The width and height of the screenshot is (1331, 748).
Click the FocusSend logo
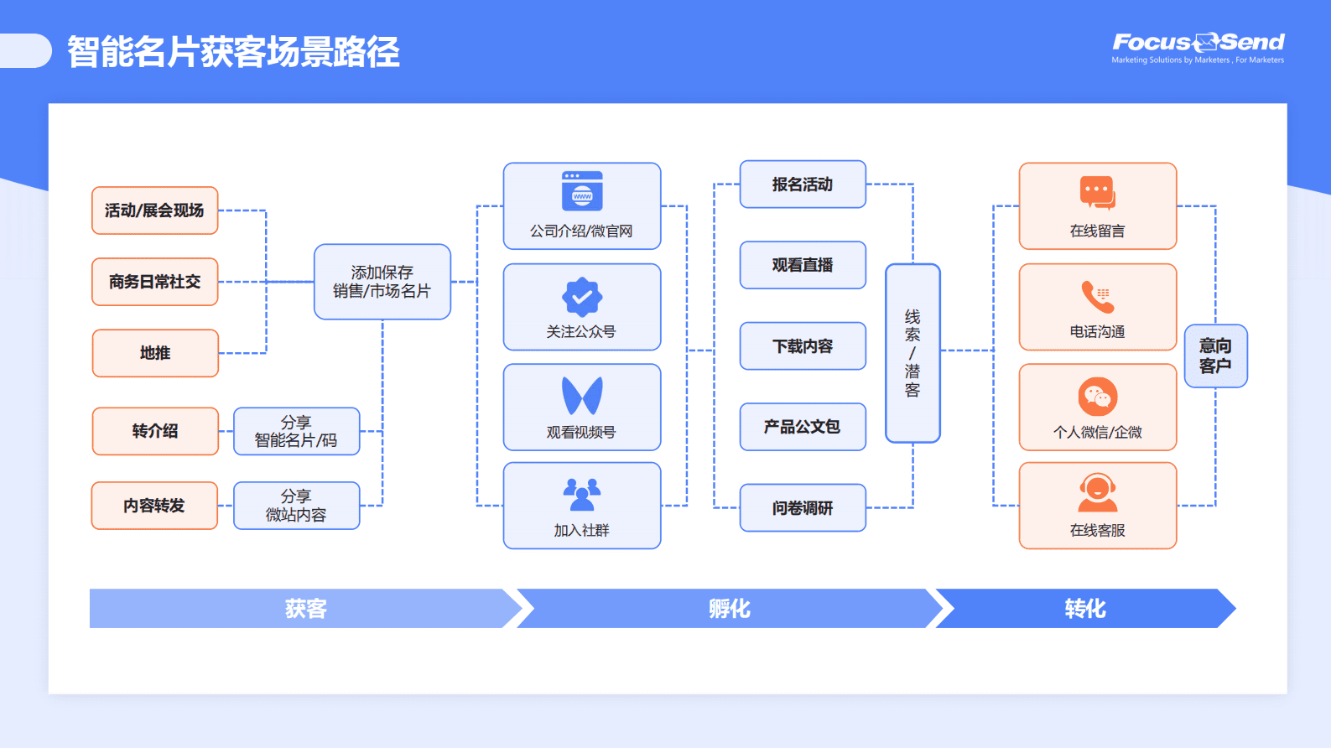coord(1198,47)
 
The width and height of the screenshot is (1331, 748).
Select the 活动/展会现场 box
coord(155,210)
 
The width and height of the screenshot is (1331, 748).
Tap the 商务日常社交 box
coord(155,282)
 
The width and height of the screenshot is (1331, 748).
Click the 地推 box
coord(155,353)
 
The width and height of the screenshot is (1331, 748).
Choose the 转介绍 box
coord(155,431)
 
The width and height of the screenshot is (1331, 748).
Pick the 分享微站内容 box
coord(296,506)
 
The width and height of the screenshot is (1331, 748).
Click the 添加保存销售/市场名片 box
coord(382,282)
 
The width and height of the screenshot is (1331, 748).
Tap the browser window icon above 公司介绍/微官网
coord(582,191)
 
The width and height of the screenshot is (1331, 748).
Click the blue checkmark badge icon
coord(582,296)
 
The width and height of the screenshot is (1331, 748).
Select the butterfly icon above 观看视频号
coord(582,396)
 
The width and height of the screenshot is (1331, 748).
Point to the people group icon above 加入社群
coord(582,495)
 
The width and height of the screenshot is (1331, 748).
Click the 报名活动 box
coord(803,184)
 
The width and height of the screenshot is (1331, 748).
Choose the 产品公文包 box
coord(803,427)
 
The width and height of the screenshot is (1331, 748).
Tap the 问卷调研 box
coord(803,508)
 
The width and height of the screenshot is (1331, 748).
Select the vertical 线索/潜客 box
coord(912,353)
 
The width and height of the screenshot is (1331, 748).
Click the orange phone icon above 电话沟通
coord(1097,297)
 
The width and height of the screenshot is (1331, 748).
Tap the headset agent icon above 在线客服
coord(1097,493)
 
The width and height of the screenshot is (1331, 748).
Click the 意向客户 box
coord(1215,356)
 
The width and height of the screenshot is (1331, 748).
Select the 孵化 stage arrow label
coord(729,609)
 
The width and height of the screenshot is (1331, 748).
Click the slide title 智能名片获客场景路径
coord(233,52)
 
